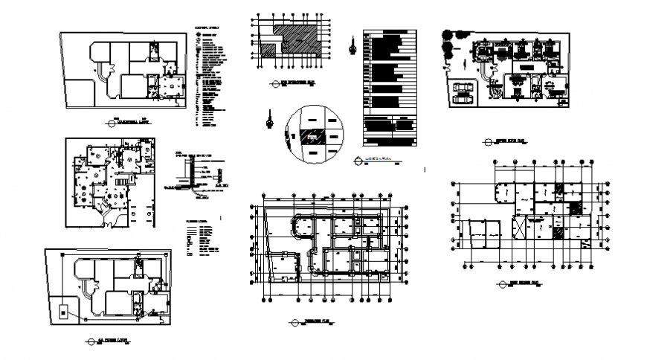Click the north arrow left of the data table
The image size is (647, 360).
tap(352, 45)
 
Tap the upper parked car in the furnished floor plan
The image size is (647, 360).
tap(462, 87)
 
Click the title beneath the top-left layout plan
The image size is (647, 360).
tap(130, 120)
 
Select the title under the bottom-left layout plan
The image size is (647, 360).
tap(112, 341)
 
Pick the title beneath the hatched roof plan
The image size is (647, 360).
tap(292, 83)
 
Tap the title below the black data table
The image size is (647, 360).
tap(376, 158)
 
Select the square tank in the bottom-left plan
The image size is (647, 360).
tap(65, 312)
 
